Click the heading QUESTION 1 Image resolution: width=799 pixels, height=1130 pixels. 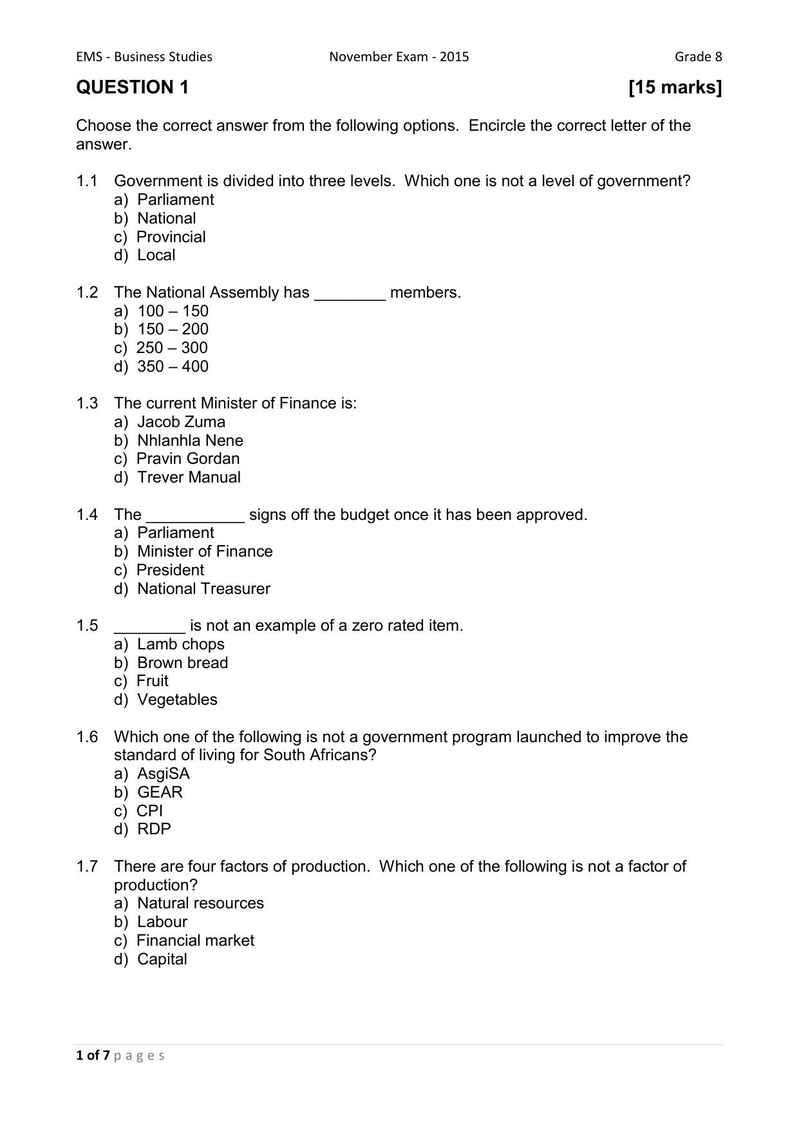click(x=133, y=88)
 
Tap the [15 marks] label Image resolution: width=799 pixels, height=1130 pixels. click(x=675, y=88)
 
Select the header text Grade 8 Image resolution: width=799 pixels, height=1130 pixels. click(x=698, y=57)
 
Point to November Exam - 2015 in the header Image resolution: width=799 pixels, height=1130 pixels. click(x=399, y=57)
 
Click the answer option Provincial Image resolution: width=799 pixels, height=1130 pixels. click(x=171, y=237)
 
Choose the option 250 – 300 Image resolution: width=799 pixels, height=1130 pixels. click(x=172, y=348)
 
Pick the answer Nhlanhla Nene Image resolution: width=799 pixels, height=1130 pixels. click(x=190, y=441)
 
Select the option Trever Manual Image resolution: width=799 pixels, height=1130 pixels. click(x=189, y=477)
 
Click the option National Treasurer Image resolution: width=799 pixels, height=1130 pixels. click(x=203, y=589)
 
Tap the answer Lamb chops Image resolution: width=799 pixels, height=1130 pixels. click(x=181, y=644)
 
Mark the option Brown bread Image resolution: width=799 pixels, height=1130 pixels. click(x=182, y=663)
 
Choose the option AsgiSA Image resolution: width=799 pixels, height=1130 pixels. click(x=164, y=774)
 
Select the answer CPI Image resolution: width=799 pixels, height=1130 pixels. click(x=149, y=811)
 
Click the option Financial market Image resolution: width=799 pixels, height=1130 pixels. click(x=195, y=941)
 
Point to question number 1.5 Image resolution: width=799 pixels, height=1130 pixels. click(x=87, y=626)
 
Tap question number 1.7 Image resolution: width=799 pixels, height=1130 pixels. click(x=87, y=867)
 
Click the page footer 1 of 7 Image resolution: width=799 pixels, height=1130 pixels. click(x=93, y=1055)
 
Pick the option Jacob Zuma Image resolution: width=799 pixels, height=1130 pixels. click(x=181, y=422)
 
